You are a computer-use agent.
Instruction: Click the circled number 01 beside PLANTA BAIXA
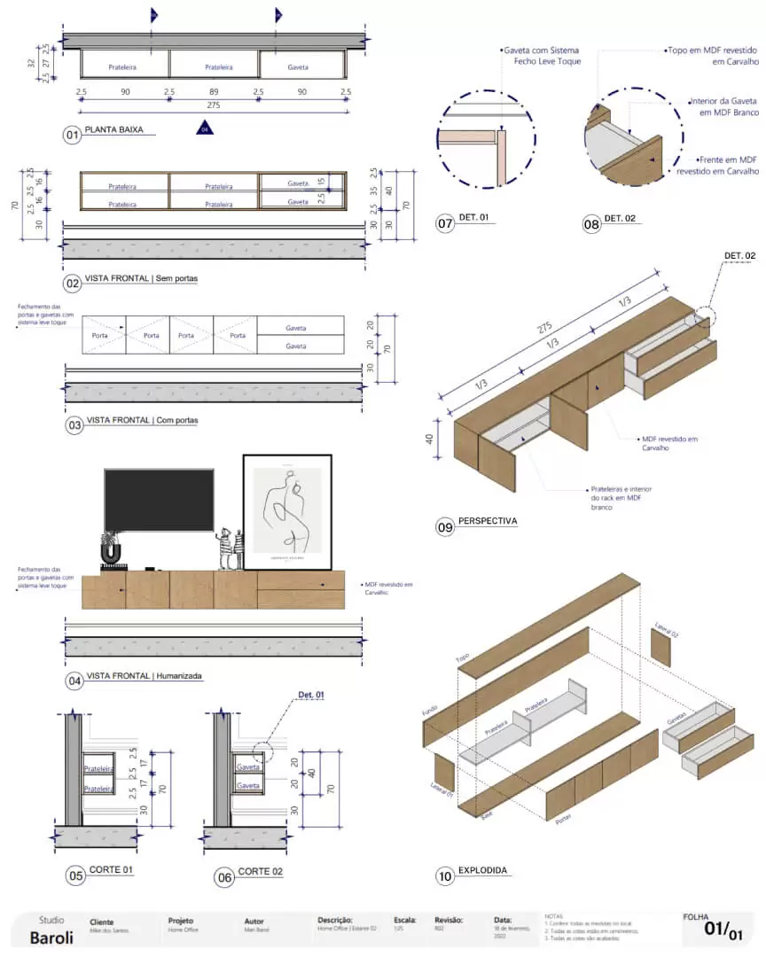(72, 136)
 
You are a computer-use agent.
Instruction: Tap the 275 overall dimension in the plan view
(213, 105)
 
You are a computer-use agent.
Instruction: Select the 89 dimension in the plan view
(214, 92)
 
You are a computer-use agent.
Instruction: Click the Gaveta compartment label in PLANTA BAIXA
(298, 66)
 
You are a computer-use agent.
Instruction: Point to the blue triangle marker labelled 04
(205, 129)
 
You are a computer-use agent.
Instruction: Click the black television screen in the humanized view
(159, 501)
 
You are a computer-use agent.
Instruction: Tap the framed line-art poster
(287, 511)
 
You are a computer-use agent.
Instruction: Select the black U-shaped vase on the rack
(111, 554)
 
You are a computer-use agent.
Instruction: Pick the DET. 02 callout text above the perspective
(739, 256)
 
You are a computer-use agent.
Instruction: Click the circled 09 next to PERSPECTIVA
(445, 527)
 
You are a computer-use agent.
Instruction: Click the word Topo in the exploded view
(462, 659)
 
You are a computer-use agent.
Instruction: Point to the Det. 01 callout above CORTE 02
(311, 695)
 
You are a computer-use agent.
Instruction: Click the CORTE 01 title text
(111, 870)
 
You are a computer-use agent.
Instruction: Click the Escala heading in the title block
(405, 921)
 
